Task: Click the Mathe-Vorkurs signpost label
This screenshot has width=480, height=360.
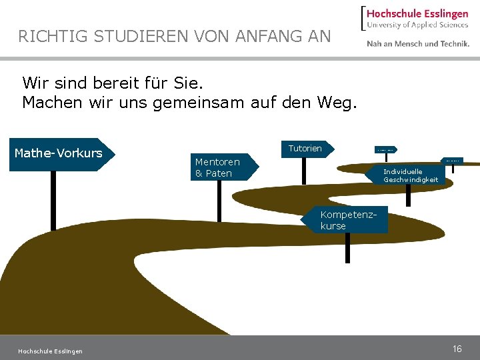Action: click(59, 153)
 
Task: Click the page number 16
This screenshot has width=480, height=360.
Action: click(457, 349)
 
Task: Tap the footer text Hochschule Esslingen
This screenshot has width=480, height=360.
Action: click(51, 351)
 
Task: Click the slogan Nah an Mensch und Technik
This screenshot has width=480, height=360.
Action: click(418, 44)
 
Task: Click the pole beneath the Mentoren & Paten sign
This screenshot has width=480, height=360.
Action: click(219, 200)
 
